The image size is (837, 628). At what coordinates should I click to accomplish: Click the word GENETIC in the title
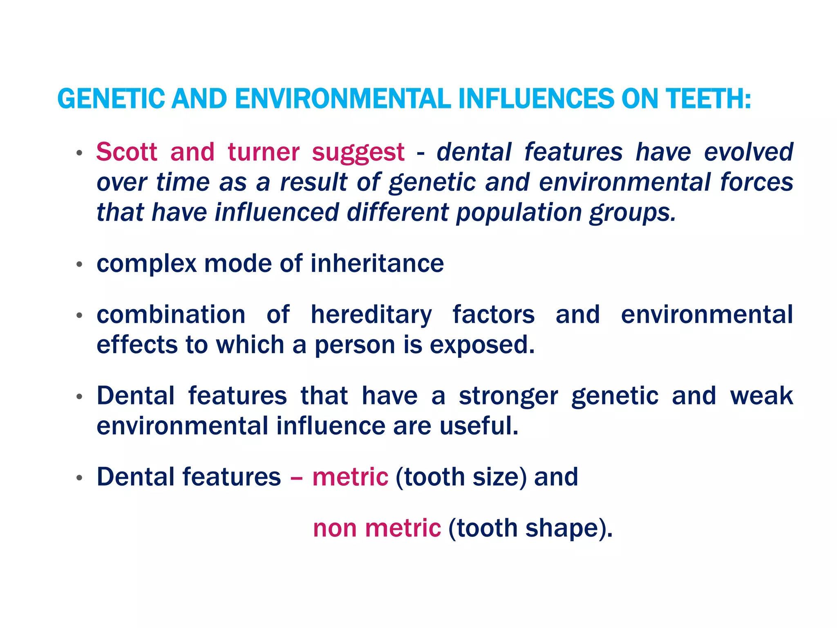(x=111, y=99)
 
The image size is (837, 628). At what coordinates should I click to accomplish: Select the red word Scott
(x=127, y=152)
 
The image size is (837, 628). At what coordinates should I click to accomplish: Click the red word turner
(x=264, y=152)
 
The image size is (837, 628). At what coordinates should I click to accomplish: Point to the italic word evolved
(x=748, y=152)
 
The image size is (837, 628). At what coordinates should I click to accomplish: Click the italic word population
(x=518, y=213)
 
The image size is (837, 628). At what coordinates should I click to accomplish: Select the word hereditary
(x=371, y=315)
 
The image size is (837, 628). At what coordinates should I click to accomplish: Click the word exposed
(x=482, y=345)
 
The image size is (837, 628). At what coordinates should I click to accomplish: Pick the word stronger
(x=508, y=396)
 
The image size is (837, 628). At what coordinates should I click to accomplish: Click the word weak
(x=761, y=396)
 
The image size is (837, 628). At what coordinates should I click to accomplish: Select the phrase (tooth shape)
(x=530, y=528)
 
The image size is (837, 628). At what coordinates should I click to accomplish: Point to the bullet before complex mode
(x=79, y=265)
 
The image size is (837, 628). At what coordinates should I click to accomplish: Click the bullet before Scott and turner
(x=79, y=153)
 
